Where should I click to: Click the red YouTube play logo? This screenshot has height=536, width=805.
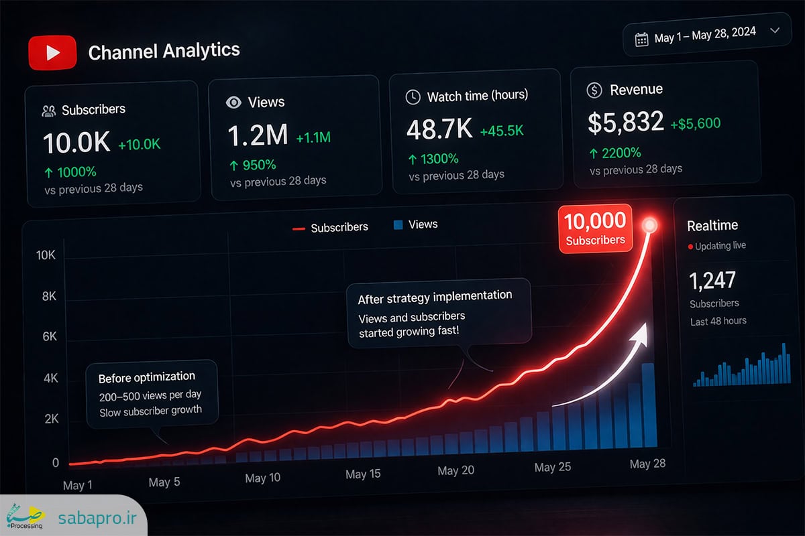[52, 52]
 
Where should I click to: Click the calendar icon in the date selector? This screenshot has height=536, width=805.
[641, 40]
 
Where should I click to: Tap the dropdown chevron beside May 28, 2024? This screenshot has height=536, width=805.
[775, 31]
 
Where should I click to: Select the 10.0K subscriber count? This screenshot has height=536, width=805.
[76, 143]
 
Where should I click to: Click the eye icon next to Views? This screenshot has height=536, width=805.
[233, 103]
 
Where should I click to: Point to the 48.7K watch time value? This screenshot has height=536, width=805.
[439, 129]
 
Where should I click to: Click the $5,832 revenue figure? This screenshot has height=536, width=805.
[626, 123]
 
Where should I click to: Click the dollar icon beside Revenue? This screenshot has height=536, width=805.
[594, 90]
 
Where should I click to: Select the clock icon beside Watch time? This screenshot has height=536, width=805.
[413, 97]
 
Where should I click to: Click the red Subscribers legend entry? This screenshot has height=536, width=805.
[330, 228]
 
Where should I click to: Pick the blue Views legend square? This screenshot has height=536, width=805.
[398, 224]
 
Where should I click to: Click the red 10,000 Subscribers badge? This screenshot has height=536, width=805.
[595, 228]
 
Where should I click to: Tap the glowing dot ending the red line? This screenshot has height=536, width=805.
[650, 225]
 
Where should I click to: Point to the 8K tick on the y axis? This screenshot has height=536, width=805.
[49, 296]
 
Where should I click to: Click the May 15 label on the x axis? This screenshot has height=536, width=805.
[363, 474]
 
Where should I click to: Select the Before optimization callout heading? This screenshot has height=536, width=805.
[147, 377]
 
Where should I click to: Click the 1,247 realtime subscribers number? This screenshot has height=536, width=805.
[712, 280]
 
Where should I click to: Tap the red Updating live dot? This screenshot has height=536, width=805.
[690, 247]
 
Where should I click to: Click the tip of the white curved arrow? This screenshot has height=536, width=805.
[646, 324]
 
